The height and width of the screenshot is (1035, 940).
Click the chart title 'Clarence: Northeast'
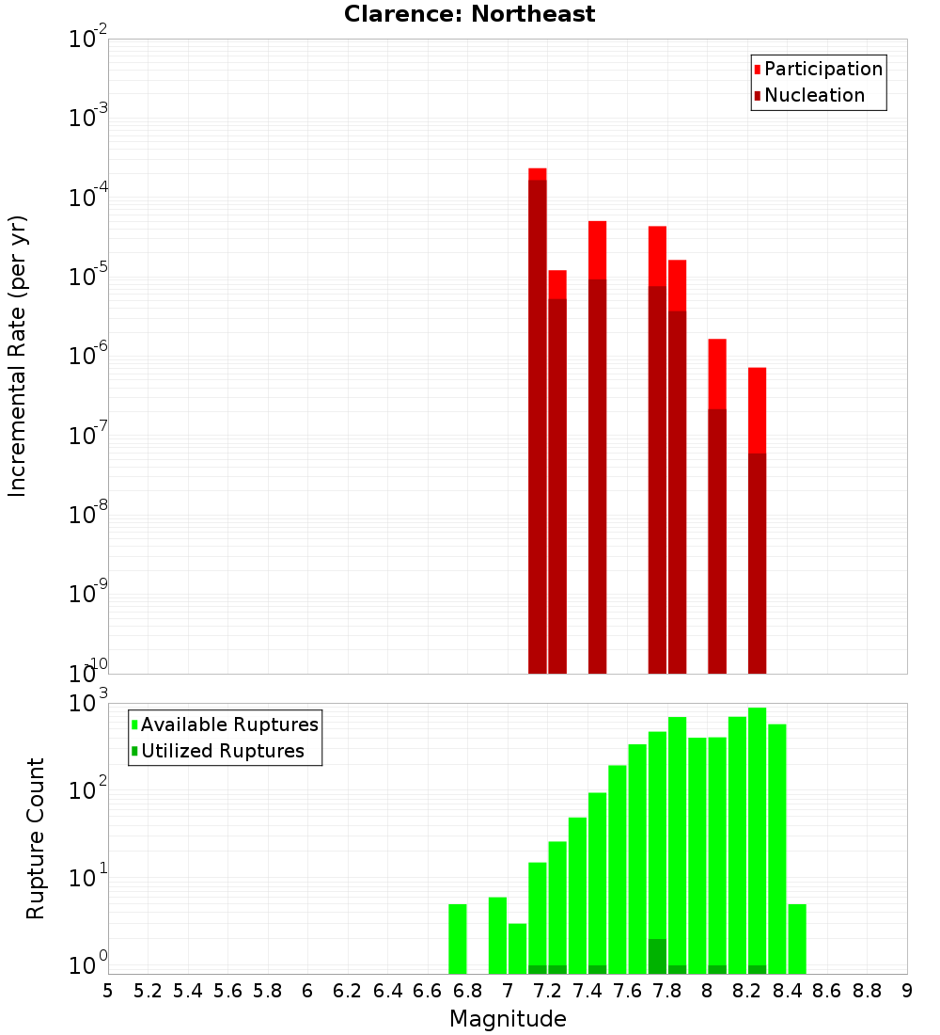pyautogui.click(x=469, y=14)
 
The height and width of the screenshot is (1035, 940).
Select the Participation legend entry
pyautogui.click(x=818, y=69)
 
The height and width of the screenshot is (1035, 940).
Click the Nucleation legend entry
pyautogui.click(x=808, y=95)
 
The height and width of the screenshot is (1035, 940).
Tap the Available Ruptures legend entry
pyautogui.click(x=225, y=724)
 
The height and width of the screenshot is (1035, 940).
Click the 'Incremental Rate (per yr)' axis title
pyautogui.click(x=17, y=356)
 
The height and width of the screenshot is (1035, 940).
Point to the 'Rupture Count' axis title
pyautogui.click(x=35, y=838)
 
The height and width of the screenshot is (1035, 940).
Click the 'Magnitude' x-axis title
pyautogui.click(x=508, y=1019)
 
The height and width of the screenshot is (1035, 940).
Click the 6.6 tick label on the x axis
pyautogui.click(x=428, y=991)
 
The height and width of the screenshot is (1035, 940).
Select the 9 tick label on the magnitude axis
pyautogui.click(x=906, y=991)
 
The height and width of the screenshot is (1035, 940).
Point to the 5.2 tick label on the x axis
pyautogui.click(x=148, y=991)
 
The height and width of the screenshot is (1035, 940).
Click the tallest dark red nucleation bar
pyautogui.click(x=537, y=423)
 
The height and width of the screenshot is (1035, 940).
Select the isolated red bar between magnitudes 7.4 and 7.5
pyautogui.click(x=597, y=447)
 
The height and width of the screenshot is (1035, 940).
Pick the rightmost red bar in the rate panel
pyautogui.click(x=757, y=517)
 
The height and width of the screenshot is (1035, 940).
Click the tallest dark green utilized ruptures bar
pyautogui.click(x=657, y=956)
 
